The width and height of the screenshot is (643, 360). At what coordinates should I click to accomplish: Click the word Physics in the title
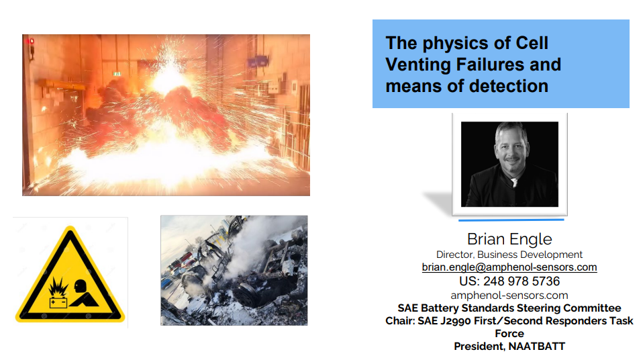pos(449,44)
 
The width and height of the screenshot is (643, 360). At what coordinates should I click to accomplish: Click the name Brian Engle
pos(509,240)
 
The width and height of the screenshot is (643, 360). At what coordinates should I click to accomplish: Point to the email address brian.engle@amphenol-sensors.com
pos(509,267)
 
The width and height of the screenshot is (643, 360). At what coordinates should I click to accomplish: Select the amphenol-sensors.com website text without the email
pos(509,296)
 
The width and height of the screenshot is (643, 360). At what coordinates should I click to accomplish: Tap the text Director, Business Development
pos(509,255)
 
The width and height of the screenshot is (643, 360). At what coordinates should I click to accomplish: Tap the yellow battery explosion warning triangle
pos(70,275)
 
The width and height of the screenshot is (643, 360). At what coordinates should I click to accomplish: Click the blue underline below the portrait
pos(511,220)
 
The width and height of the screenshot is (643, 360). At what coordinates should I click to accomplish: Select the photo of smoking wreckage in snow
pos(234,270)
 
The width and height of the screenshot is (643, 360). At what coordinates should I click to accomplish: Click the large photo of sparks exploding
pos(166,115)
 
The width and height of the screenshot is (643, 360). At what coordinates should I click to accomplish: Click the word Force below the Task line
pos(509,333)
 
